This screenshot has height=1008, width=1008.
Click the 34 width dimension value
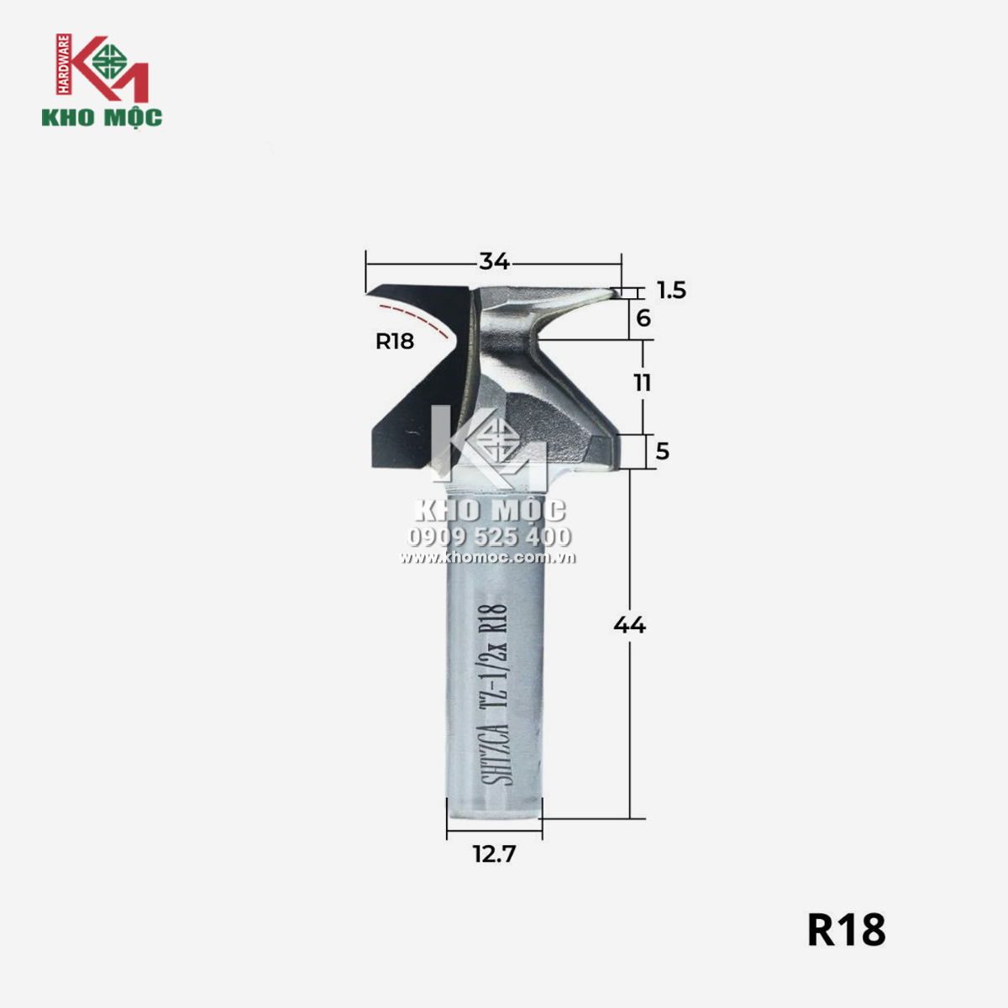point(494,261)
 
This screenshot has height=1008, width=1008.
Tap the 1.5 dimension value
point(672,291)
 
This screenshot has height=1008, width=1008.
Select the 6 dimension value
point(643,318)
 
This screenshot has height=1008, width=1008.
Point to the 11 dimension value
point(643,383)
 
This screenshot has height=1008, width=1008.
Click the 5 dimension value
point(662,451)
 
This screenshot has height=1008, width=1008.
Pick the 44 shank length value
point(629,625)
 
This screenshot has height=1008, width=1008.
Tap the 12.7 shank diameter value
point(494,854)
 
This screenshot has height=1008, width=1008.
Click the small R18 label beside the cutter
point(395,342)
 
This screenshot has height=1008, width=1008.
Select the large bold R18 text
point(847,930)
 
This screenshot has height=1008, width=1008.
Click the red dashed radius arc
point(418,318)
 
